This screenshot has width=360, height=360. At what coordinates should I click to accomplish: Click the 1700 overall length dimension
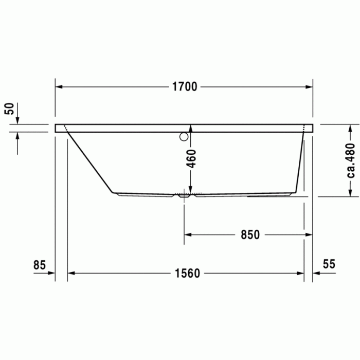(184, 87)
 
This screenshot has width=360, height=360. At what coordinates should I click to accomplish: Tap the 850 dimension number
(250, 235)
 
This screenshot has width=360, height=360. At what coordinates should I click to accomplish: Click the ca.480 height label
(351, 160)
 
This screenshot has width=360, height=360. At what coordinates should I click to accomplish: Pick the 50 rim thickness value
(9, 109)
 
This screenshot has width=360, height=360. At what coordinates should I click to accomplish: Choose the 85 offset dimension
(40, 265)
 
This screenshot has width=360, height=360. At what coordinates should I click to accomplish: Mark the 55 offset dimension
(329, 264)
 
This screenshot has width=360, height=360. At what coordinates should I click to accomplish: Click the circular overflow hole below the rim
(184, 137)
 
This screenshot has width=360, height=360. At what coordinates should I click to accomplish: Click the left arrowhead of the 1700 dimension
(59, 87)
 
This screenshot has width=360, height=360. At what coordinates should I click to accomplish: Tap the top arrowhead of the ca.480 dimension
(351, 128)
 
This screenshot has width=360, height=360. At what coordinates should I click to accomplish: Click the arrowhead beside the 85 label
(51, 274)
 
